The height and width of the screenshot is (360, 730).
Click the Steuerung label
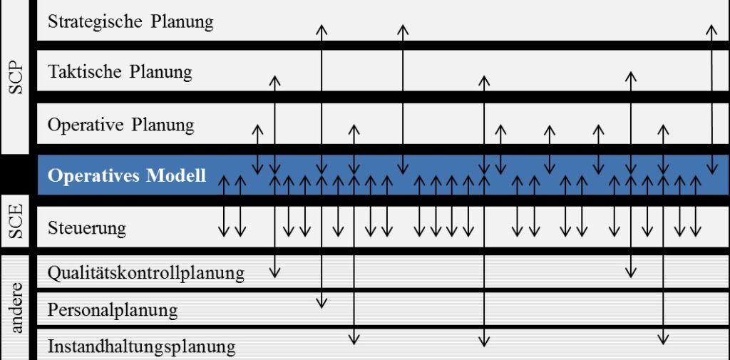pos(86,229)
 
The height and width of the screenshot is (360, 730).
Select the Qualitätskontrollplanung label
pos(145,273)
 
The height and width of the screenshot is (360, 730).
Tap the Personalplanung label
pos(113,310)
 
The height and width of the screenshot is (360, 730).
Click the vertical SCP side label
pos(17,77)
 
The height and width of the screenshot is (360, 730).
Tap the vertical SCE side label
pos(17,221)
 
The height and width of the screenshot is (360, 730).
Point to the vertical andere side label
pos(17,307)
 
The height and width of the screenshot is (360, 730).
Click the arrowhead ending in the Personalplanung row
pos(322,303)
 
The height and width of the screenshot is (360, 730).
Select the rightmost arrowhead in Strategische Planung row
pos(711,30)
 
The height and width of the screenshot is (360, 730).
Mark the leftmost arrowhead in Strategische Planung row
pos(322,30)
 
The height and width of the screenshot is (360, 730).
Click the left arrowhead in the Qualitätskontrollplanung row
pos(274,272)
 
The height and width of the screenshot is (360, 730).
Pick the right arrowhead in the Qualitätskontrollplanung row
pos(631,272)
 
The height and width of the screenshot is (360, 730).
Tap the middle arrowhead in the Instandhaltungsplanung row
pos(484,341)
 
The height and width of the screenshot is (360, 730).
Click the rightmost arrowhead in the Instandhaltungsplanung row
pos(663,339)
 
